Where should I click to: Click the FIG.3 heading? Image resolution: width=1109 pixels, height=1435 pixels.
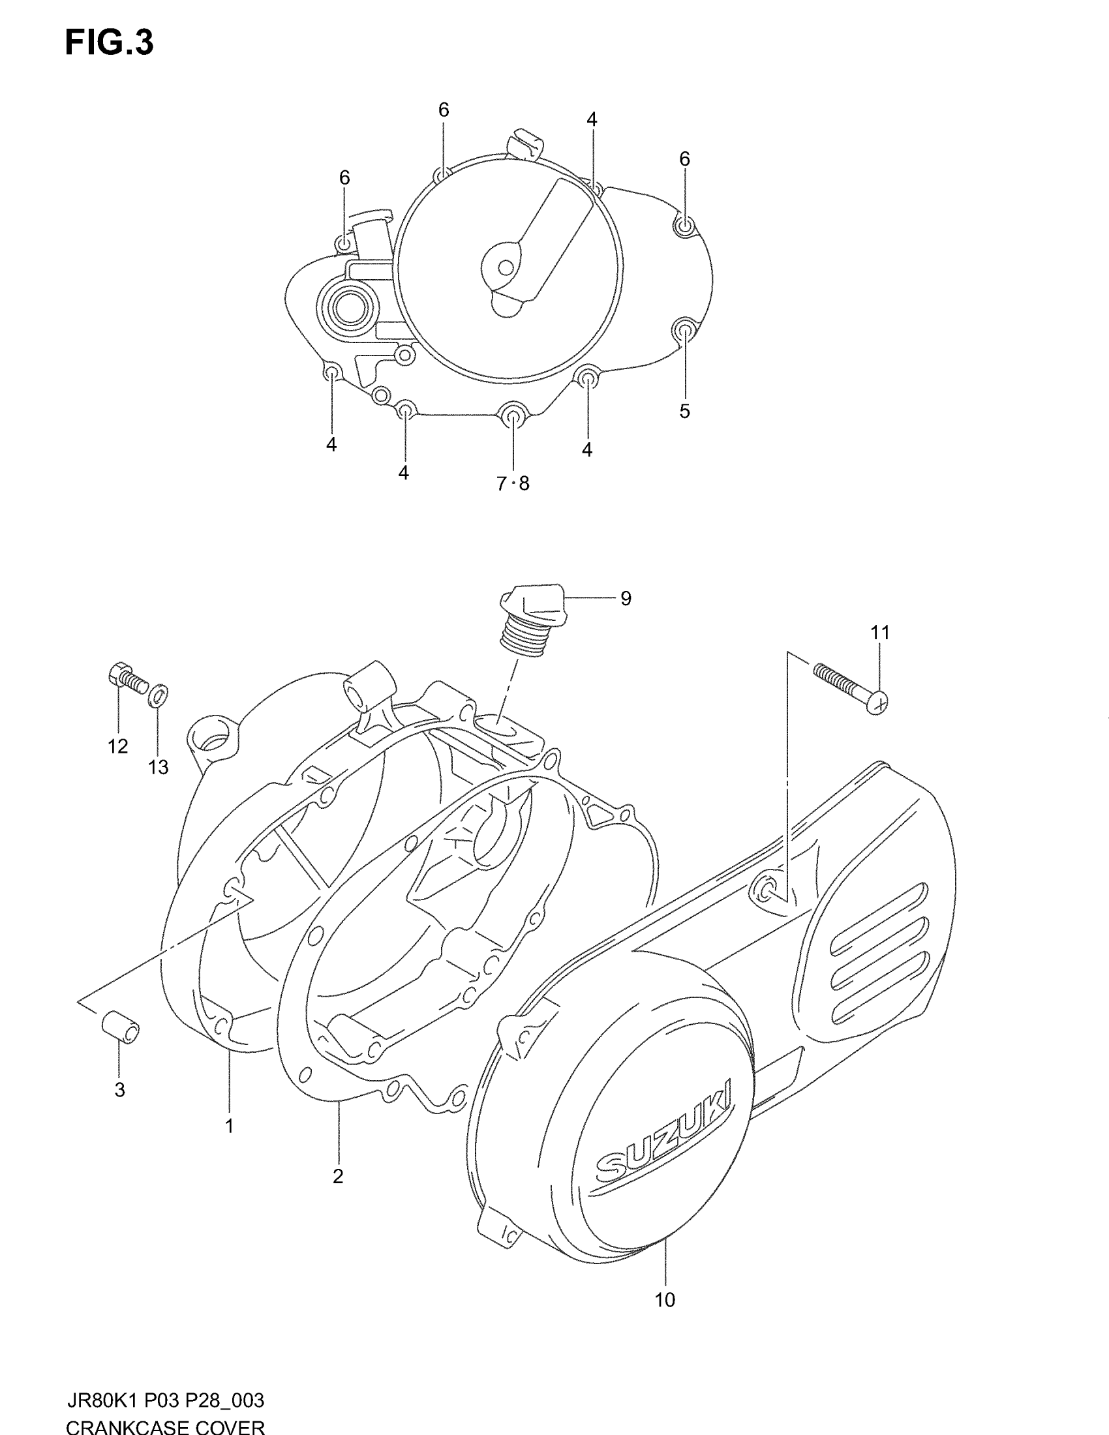109,43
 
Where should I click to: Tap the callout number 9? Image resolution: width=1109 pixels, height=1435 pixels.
626,599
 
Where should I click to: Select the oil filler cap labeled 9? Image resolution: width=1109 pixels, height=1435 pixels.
533,618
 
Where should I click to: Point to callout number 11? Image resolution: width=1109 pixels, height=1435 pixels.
880,633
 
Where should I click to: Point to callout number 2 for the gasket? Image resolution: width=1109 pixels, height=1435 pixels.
338,1176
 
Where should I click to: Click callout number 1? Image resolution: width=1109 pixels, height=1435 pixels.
229,1126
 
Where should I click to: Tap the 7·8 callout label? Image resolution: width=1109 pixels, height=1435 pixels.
513,484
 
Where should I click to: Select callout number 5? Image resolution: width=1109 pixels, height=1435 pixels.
684,412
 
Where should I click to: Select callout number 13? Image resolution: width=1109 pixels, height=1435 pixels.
159,767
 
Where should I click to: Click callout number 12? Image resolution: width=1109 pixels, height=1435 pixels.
118,746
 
